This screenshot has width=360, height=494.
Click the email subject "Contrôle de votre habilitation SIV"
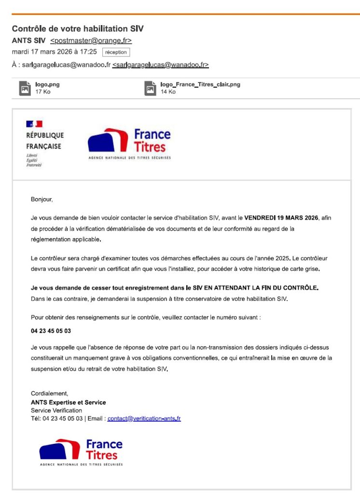pos(78,29)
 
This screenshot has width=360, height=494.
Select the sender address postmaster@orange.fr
pos(91,41)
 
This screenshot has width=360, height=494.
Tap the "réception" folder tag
pos(116,52)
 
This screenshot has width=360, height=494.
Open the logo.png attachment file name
pos(47,84)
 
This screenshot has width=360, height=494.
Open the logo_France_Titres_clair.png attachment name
pos(200,84)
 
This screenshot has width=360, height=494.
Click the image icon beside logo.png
pos(25,88)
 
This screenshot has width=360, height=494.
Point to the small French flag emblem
pos(34,124)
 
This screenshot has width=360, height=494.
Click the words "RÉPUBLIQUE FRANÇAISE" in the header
pos(44,141)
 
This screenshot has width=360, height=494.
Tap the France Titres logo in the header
pos(129,143)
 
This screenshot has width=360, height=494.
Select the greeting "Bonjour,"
pos(42,199)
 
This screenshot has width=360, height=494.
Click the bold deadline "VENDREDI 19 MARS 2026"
pos(281,218)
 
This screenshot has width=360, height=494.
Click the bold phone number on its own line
pos(51,331)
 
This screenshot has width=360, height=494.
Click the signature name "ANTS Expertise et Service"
pos(68,402)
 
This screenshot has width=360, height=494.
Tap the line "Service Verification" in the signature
pos(56,411)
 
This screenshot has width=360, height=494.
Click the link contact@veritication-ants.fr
pos(144,419)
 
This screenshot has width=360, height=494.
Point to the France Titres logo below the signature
pos(81,452)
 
